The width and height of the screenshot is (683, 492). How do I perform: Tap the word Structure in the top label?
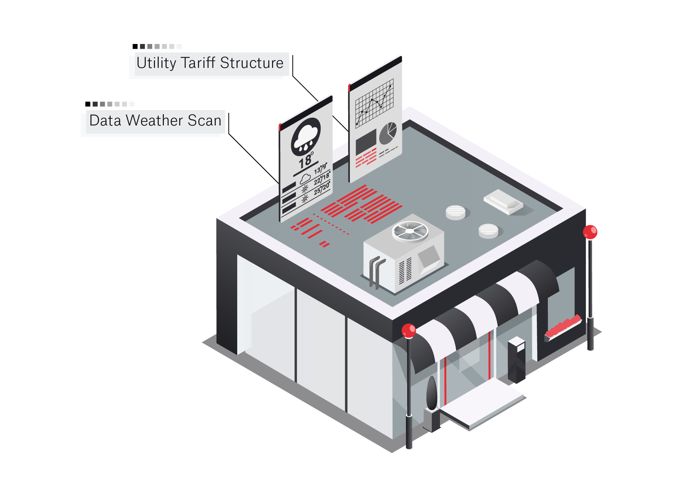252,63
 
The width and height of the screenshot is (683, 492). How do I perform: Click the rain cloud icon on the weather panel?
305,136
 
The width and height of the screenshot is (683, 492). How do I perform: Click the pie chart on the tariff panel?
388,133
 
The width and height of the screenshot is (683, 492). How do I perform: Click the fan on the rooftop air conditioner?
410,231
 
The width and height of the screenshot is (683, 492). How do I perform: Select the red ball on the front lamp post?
409,330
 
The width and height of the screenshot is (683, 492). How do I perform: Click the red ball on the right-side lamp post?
590,232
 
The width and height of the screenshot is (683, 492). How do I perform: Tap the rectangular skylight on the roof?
503,202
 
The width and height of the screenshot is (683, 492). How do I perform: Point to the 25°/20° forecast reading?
322,188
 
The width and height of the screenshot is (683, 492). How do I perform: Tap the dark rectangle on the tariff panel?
366,141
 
